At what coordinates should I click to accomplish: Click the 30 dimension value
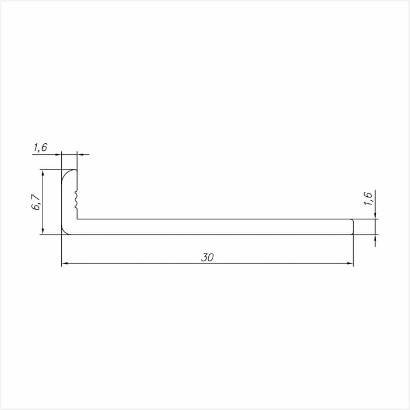click(x=207, y=258)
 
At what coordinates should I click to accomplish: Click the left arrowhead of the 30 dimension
click(x=65, y=264)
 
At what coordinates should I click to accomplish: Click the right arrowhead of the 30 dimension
click(x=350, y=264)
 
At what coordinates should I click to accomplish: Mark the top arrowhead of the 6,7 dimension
click(x=42, y=173)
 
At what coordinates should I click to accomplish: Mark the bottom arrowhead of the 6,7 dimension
click(x=42, y=232)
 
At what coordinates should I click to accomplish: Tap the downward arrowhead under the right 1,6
click(x=376, y=215)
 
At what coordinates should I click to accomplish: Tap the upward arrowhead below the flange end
click(x=376, y=239)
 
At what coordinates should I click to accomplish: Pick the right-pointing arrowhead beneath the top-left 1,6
click(x=58, y=155)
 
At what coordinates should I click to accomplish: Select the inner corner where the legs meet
click(x=78, y=219)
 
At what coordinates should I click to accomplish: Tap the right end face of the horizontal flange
click(x=353, y=227)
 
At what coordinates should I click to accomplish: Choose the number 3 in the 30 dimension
click(x=204, y=258)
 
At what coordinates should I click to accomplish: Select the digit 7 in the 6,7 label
click(x=37, y=198)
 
